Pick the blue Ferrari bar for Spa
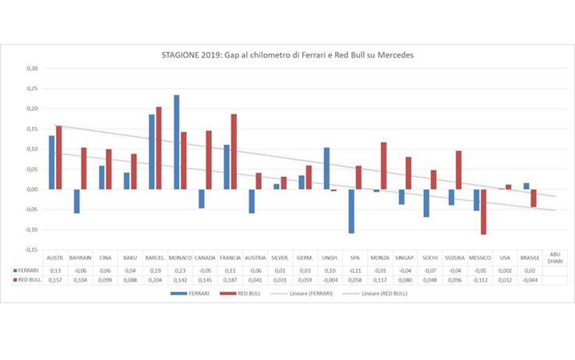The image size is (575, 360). click(x=351, y=211)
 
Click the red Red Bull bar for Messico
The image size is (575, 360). click(x=484, y=212)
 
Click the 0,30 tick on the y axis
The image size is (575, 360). click(x=33, y=68)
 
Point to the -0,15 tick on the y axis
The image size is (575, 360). click(x=32, y=250)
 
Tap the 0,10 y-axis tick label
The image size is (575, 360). click(x=33, y=149)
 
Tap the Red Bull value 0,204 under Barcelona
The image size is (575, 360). click(x=154, y=279)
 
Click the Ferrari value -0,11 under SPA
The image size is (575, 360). click(x=354, y=270)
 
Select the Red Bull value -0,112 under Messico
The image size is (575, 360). click(x=478, y=279)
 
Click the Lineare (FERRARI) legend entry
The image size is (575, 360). click(x=312, y=293)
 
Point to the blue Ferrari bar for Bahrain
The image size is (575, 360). click(x=76, y=201)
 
